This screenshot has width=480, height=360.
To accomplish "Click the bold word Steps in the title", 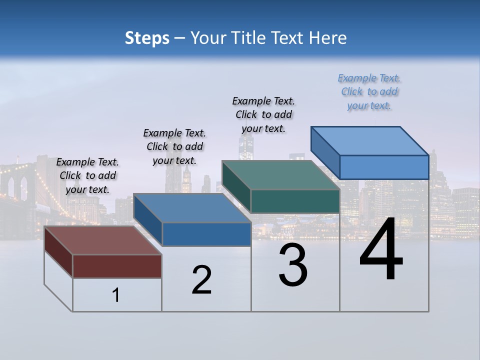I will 147,38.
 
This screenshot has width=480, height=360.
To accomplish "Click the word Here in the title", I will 328,38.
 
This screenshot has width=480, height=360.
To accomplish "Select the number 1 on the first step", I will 116,295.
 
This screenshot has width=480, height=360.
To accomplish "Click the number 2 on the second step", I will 201,280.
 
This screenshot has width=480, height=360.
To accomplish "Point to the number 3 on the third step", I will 293,265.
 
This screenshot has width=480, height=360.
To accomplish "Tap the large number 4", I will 381,249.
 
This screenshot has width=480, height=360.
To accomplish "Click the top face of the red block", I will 102,240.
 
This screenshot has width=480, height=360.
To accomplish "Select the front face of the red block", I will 117,266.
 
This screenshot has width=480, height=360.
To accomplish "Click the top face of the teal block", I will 280,175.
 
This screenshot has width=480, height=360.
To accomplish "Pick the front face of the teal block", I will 295,201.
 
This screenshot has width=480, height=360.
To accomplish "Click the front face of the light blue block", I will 384,167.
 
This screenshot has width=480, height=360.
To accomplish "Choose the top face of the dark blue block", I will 192,208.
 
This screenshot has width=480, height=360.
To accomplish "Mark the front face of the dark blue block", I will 206,234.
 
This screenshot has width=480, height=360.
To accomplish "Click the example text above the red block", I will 87,175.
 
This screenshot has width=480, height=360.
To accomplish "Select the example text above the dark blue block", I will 174,146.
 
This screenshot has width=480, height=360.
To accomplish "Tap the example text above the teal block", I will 263,114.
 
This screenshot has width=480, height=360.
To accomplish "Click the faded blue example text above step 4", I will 369,91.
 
